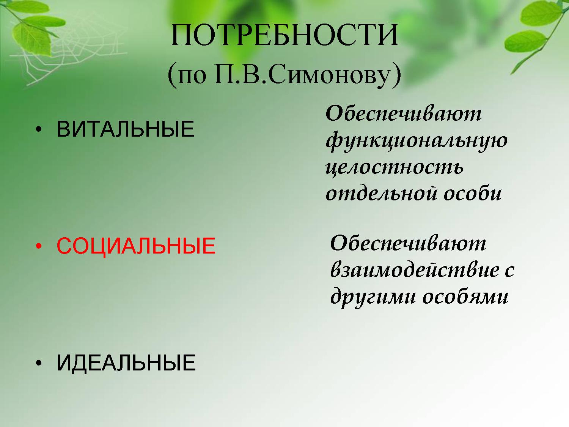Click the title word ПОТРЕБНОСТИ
tap(284, 35)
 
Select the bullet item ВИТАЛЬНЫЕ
tap(126, 129)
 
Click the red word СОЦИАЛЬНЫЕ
tap(136, 246)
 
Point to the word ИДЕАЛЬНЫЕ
tap(126, 362)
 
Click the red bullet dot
tap(39, 246)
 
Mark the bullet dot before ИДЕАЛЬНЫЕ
tap(39, 363)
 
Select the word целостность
tap(395, 167)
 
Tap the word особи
tap(473, 193)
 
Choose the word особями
tap(465, 296)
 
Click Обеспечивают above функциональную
tap(404, 113)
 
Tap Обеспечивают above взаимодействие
tap(408, 243)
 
